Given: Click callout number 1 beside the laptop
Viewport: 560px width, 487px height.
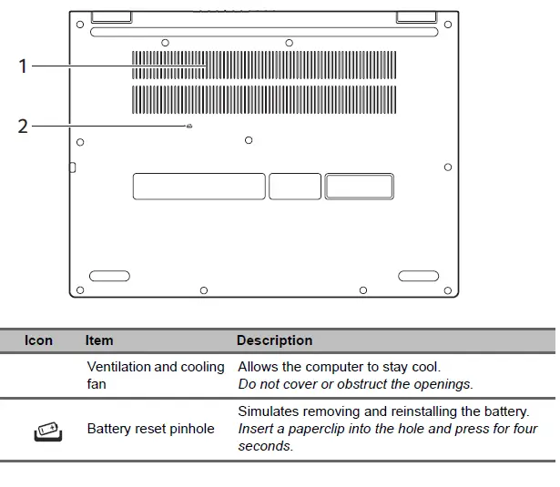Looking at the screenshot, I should point(24,66).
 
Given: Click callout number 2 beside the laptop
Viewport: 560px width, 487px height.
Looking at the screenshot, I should point(24,127).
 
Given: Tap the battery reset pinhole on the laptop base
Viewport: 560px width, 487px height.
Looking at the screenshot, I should point(188,127).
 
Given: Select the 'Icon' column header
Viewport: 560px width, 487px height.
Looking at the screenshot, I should point(38,340).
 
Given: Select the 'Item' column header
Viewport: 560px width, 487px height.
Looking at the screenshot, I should point(99,340).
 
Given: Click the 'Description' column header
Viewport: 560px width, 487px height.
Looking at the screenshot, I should point(274,340).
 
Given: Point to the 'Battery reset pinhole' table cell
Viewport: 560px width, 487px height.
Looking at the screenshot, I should point(150,429).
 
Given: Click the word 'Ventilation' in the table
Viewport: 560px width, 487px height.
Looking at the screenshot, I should point(118,367).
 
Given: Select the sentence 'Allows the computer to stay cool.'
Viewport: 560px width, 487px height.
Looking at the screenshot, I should point(339,367).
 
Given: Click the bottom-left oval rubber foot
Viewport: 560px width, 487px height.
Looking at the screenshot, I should point(109,275).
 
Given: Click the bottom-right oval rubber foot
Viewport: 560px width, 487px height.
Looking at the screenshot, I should point(419,275).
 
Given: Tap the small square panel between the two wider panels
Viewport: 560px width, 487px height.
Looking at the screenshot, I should point(295,186).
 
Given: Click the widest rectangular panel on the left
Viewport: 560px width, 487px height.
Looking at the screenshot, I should point(199,186).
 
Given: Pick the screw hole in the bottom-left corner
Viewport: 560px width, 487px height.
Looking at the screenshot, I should point(80,290).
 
